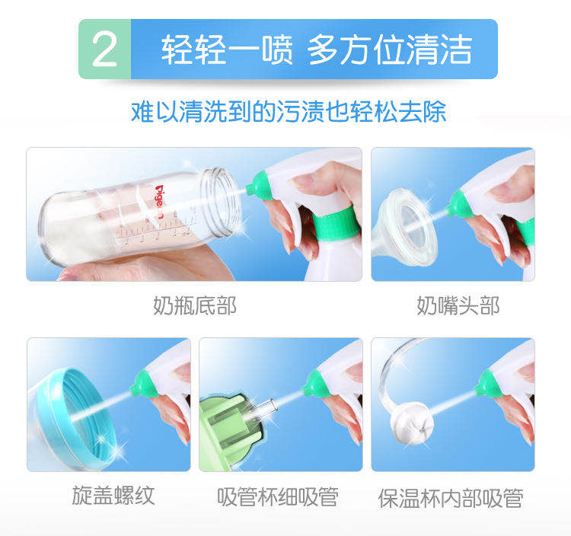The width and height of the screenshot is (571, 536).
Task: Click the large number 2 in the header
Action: click(x=104, y=49)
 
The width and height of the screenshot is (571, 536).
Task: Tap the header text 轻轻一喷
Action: click(x=227, y=49)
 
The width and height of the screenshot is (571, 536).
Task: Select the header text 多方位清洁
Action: click(x=390, y=49)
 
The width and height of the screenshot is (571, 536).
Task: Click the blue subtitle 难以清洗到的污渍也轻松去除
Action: click(x=289, y=111)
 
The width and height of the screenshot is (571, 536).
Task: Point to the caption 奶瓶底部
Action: click(x=195, y=305)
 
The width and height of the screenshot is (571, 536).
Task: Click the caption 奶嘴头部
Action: click(x=458, y=305)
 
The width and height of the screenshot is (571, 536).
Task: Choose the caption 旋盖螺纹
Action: click(x=113, y=496)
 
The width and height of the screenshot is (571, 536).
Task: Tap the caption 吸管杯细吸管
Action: click(x=278, y=497)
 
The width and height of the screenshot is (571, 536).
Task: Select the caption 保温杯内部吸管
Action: click(x=451, y=498)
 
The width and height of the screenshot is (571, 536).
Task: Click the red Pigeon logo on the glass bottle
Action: click(x=160, y=201)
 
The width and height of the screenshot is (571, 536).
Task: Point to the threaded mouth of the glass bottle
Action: click(x=221, y=202)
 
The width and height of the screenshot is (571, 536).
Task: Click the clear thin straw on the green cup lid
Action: click(x=266, y=409)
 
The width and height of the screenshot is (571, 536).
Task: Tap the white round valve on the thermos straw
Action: click(x=412, y=423)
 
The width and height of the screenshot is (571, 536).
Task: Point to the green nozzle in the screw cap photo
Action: click(x=144, y=384)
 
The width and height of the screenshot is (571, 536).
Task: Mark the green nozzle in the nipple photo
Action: click(x=461, y=204)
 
